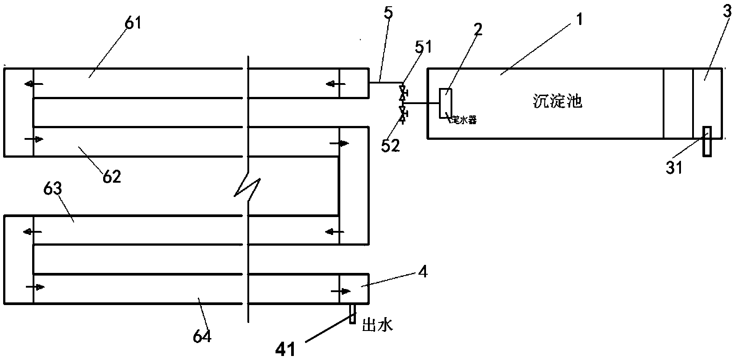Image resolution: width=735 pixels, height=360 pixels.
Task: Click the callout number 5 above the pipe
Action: click(x=388, y=12)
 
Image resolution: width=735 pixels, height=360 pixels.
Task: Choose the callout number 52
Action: click(x=390, y=146)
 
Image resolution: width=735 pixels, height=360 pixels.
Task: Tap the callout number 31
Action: click(x=674, y=167)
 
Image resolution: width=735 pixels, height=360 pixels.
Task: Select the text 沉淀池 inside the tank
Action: click(x=558, y=102)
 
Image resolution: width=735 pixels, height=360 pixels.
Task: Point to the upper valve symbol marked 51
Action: click(x=402, y=91)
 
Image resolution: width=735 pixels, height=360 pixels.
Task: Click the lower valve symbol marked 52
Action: click(x=402, y=114)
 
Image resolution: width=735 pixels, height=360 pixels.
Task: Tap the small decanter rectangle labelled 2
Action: click(x=445, y=103)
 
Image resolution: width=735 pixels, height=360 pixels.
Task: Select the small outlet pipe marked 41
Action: click(x=352, y=314)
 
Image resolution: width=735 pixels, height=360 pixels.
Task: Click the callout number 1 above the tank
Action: click(x=579, y=20)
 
